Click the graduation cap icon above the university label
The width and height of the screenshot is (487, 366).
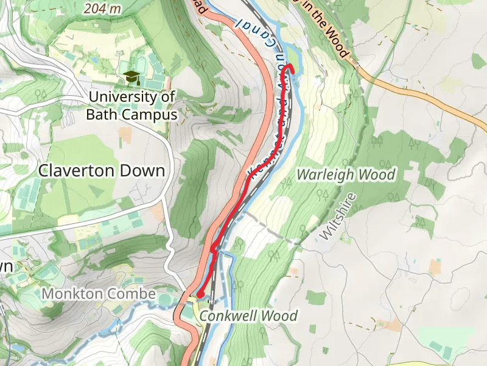131,77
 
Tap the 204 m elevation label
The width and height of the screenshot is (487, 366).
103,9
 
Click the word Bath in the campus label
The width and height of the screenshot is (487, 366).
100,114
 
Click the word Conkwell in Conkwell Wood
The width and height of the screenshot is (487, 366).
226,316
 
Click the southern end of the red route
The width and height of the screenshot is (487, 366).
200,296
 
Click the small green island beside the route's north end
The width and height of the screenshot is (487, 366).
291,59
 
